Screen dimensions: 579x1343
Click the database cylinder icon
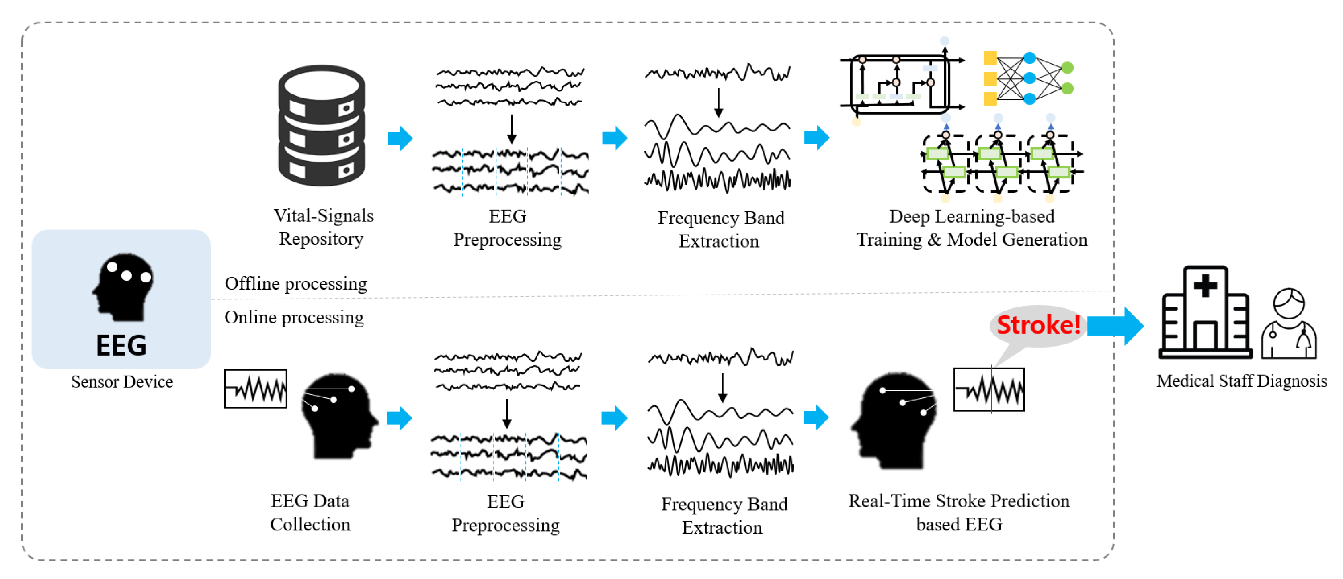click(322, 126)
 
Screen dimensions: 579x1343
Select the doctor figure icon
click(1289, 324)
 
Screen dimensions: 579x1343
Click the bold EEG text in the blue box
click(121, 345)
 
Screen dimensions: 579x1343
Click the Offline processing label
click(295, 284)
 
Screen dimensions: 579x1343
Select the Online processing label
click(294, 317)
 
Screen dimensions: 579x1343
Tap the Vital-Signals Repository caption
click(323, 227)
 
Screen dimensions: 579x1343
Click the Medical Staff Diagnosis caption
click(1241, 381)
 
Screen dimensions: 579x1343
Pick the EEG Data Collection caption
click(310, 512)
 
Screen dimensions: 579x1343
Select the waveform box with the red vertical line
click(988, 390)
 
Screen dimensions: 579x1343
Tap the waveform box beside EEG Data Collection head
click(256, 389)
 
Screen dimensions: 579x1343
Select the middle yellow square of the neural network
click(990, 79)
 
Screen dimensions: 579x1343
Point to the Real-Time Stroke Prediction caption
click(959, 512)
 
